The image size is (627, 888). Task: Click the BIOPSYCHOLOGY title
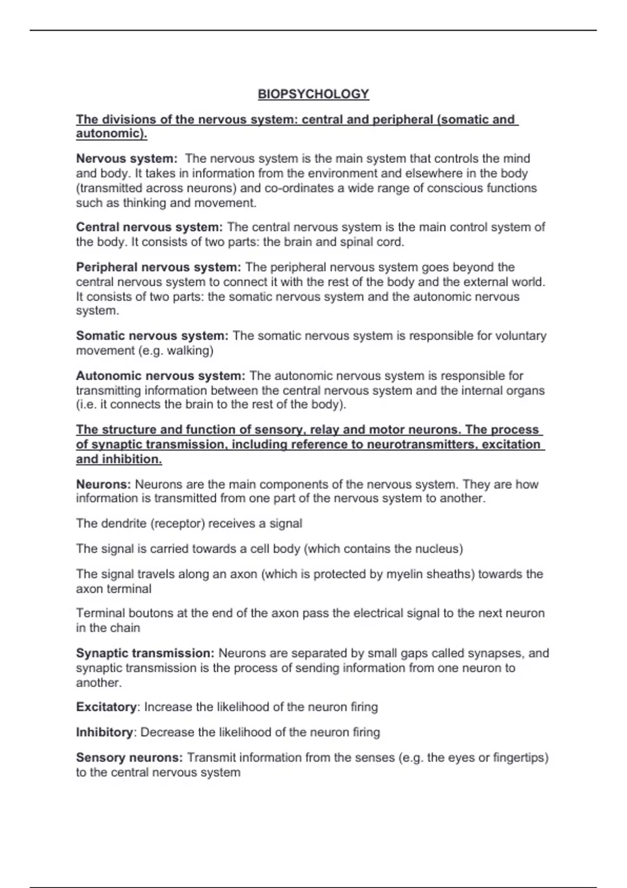click(x=313, y=94)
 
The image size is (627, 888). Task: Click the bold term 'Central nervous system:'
click(x=149, y=227)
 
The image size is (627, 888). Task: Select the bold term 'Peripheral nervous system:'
click(x=158, y=267)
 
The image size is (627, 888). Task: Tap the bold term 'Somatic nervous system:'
click(x=152, y=335)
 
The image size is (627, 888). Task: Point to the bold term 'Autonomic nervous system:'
click(x=160, y=376)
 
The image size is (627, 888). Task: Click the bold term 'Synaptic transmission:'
click(x=145, y=653)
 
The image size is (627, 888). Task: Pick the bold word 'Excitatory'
click(x=107, y=707)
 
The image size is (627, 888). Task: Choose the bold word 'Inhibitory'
click(x=104, y=732)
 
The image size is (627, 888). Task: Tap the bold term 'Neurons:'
click(x=103, y=484)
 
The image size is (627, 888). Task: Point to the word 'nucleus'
click(x=437, y=549)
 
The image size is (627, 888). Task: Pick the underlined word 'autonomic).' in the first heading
click(x=111, y=134)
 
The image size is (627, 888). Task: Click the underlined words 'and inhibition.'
click(x=119, y=459)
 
